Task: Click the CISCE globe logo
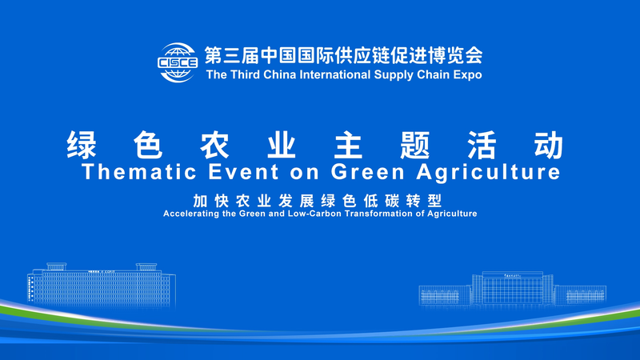pos(178,62)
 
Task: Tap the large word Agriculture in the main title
pos(491,171)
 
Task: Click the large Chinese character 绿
pos(85,144)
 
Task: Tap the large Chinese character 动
pos(549,144)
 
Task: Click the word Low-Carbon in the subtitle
pos(325,214)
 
